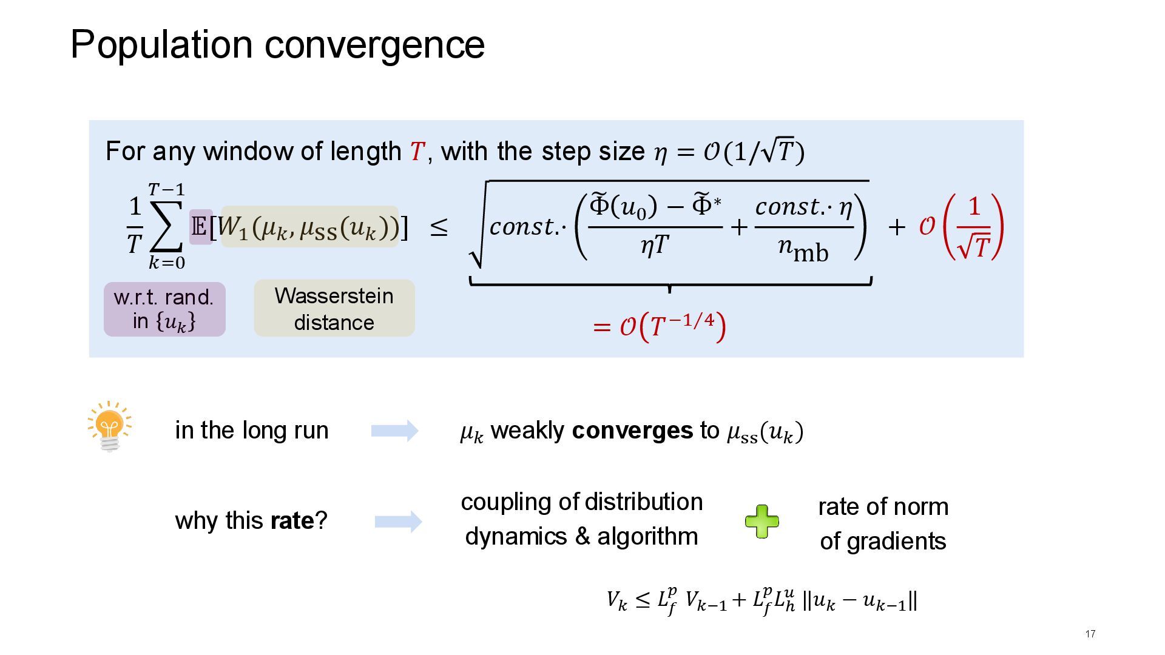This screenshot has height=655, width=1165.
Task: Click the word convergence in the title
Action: point(374,45)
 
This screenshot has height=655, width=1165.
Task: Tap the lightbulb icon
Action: point(110,426)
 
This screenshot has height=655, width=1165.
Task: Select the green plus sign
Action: point(761,522)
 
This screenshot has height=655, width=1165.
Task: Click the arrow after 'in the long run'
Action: point(394,431)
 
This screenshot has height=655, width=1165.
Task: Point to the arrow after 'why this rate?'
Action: point(398,522)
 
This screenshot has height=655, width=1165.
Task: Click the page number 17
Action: point(1090,634)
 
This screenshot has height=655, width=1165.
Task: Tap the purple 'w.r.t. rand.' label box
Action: point(164,309)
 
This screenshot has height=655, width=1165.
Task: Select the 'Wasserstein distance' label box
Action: point(334,308)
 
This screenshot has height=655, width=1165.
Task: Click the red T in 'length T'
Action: point(417,152)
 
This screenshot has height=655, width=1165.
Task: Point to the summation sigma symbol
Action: point(166,226)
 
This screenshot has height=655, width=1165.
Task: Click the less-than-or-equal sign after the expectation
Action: point(439,228)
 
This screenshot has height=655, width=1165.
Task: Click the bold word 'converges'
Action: point(632,431)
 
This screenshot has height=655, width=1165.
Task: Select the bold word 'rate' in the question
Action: point(292,520)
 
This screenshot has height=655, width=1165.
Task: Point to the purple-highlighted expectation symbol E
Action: point(200,227)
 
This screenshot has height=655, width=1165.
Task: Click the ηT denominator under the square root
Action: point(655,245)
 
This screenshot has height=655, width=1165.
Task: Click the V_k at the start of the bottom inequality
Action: point(616,601)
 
